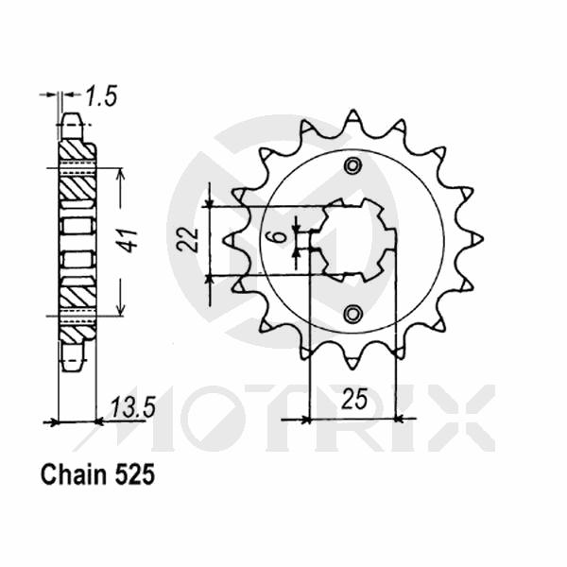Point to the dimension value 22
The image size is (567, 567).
(x=188, y=240)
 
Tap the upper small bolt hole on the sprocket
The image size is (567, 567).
(x=352, y=166)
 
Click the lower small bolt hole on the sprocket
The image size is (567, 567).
(x=352, y=314)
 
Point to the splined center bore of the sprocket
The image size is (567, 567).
(x=352, y=239)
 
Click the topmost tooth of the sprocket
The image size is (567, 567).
(x=352, y=116)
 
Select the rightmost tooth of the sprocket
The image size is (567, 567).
(x=476, y=237)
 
